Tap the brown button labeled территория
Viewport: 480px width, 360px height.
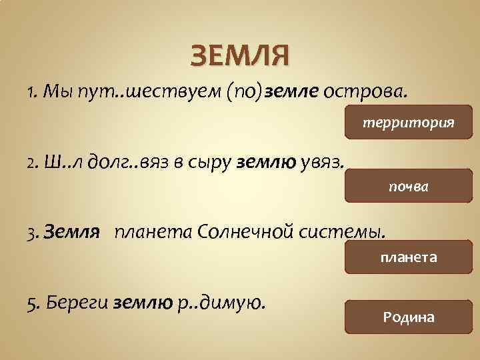[408, 123]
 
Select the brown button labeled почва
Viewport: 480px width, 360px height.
[408, 187]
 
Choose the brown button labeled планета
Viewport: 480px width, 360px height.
[408, 257]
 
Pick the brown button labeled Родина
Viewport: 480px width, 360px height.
[408, 317]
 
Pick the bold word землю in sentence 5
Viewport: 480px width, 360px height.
[144, 305]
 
